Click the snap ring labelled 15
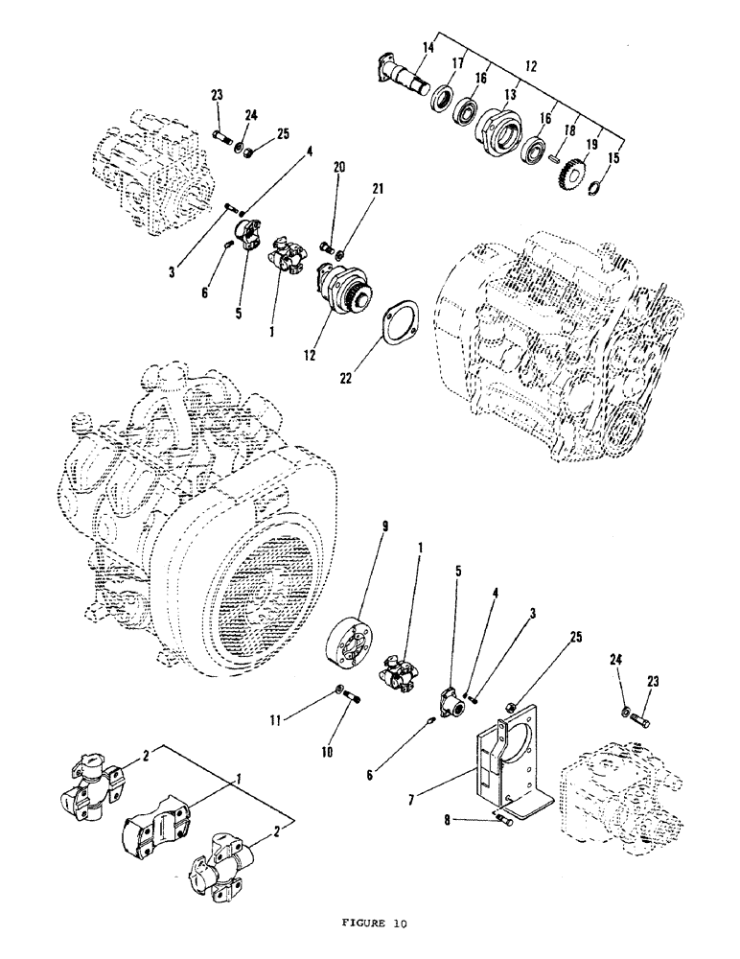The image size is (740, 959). [593, 188]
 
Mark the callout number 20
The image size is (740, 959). [336, 167]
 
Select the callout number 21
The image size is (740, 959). [379, 190]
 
